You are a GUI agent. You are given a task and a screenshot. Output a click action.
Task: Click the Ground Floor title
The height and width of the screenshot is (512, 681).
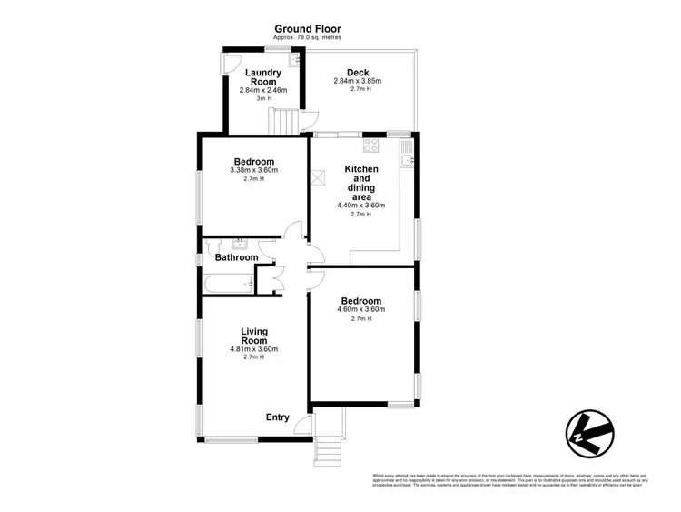308,28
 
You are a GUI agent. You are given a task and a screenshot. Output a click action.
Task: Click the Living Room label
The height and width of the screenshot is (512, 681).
254,336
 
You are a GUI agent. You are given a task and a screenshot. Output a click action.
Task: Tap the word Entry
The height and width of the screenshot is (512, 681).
277,417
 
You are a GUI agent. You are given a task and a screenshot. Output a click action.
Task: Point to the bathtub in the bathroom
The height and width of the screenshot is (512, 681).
227,285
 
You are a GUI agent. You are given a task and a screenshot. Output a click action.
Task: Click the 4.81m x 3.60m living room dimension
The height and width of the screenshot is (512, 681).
254,348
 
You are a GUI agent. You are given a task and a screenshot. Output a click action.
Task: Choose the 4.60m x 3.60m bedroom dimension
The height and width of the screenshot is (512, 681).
360,311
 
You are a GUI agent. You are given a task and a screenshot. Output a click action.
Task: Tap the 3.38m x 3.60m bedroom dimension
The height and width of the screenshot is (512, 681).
253,170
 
